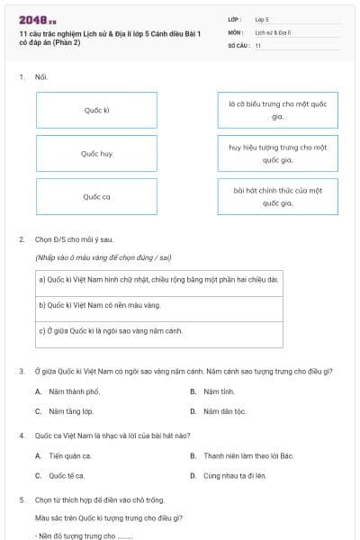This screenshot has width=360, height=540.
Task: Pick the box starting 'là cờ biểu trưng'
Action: point(277,110)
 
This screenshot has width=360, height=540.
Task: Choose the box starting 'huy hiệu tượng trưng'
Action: point(277,153)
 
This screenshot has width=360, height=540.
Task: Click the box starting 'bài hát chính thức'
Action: point(277,196)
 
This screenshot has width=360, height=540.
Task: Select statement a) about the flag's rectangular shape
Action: point(157,279)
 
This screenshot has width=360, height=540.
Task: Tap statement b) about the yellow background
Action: point(157,305)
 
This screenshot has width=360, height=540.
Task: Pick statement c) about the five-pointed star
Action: point(157,330)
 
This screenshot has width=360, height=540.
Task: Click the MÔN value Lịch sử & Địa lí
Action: point(273,31)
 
